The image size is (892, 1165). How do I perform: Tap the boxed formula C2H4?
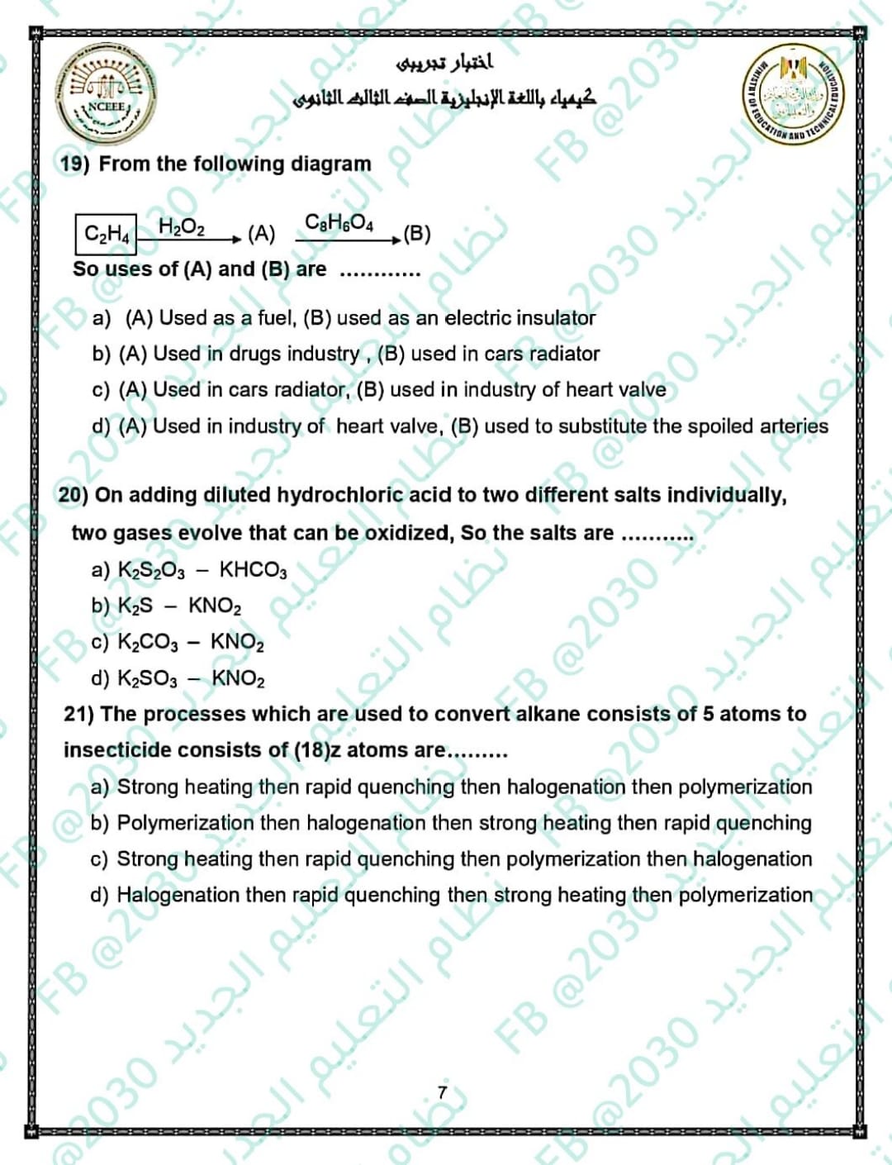(107, 233)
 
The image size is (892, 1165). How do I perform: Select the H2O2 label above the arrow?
(182, 226)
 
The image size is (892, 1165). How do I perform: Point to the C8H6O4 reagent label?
(339, 222)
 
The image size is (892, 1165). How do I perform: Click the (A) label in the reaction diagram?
(261, 234)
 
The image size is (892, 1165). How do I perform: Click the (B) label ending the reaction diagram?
(416, 234)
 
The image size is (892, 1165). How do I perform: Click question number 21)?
(79, 714)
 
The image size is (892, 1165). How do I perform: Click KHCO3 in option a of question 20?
(253, 570)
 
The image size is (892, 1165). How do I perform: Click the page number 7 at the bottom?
(442, 1092)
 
